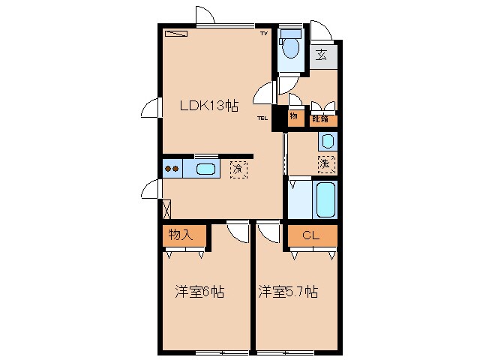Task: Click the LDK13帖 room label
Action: pyautogui.click(x=208, y=106)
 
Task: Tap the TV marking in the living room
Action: pyautogui.click(x=263, y=34)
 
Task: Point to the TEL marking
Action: pyautogui.click(x=262, y=118)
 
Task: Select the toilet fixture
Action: pyautogui.click(x=289, y=45)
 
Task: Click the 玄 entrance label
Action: pyautogui.click(x=322, y=55)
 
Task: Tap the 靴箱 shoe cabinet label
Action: pyautogui.click(x=320, y=118)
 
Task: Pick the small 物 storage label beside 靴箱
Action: pyautogui.click(x=294, y=117)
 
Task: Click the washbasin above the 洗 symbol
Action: pyautogui.click(x=327, y=141)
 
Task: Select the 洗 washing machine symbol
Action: pyautogui.click(x=325, y=163)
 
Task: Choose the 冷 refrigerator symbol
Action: pyautogui.click(x=238, y=169)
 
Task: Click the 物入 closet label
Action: pyautogui.click(x=181, y=234)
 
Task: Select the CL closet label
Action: pyautogui.click(x=310, y=235)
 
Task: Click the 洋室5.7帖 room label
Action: pyautogui.click(x=288, y=291)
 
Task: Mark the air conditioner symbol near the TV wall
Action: pyautogui.click(x=178, y=34)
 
